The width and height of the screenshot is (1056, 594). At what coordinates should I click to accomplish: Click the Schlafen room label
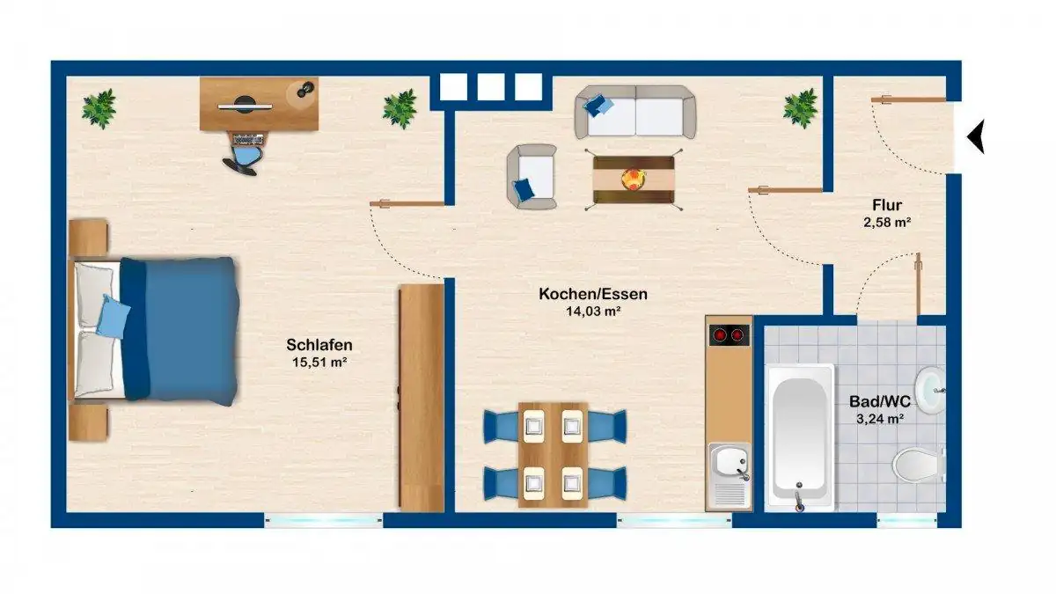[x=319, y=345]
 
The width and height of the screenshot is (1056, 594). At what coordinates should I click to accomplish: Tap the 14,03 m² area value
[x=593, y=312]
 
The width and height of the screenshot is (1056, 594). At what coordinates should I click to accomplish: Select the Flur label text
[x=887, y=205]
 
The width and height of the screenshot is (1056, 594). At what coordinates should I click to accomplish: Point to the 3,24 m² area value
[x=880, y=419]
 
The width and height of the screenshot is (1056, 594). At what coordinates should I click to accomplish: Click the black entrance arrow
[x=976, y=136]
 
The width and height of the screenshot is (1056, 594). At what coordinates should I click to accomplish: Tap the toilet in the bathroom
[x=919, y=465]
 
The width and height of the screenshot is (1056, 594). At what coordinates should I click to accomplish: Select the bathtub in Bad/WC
[x=799, y=438]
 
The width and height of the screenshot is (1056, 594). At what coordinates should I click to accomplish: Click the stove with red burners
[x=729, y=335]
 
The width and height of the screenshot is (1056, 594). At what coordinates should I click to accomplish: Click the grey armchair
[x=532, y=177]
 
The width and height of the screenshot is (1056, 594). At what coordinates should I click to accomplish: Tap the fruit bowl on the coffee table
[x=633, y=180]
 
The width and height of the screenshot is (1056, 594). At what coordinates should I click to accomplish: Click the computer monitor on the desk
[x=245, y=106]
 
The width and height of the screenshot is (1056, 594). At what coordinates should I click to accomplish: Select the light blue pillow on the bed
[x=113, y=316]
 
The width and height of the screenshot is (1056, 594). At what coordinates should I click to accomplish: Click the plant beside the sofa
[x=800, y=108]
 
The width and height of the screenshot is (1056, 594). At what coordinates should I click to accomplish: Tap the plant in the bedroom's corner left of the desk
[x=99, y=108]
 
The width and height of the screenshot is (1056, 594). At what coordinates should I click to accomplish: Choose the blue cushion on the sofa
[x=598, y=105]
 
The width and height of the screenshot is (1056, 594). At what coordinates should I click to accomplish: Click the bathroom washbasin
[x=930, y=391]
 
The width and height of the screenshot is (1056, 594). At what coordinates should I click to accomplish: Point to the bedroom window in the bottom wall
[x=324, y=520]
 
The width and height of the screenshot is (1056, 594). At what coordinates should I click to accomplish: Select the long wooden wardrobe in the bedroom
[x=422, y=398]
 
